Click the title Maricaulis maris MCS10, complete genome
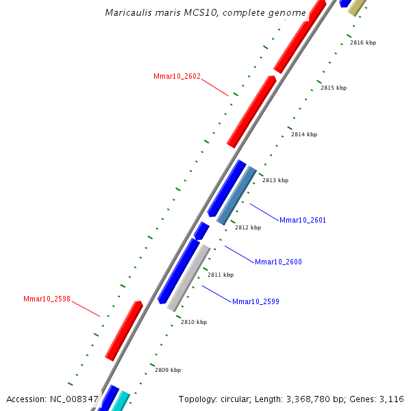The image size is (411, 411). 206,13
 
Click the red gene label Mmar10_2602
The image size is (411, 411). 177,76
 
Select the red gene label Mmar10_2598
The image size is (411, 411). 47,299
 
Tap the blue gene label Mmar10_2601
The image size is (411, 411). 303,220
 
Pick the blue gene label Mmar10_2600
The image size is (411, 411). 278,262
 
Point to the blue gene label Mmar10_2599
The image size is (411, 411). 256,301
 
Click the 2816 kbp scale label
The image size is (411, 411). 363,42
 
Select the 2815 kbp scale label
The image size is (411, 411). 334,88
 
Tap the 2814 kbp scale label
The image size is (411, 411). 304,134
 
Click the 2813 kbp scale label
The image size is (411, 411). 275,180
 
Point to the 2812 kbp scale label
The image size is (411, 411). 248,227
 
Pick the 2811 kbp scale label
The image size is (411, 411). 221,275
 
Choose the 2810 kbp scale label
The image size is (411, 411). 194,322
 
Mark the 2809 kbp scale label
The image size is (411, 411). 168,370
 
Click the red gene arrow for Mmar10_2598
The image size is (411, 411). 124,330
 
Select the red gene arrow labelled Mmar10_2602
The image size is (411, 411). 251,112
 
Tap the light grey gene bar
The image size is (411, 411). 188,277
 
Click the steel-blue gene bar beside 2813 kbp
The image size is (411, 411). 236,196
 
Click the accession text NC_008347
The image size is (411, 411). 75,399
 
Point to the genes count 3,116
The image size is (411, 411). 391,399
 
